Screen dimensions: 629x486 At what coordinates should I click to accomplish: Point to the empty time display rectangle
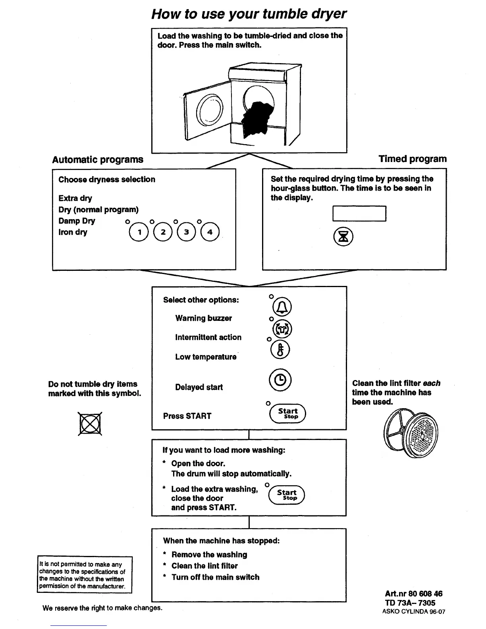(x=359, y=214)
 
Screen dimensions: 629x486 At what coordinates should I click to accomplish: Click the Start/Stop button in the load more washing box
(x=287, y=495)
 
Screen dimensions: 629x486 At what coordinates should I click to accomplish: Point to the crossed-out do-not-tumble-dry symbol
(x=90, y=424)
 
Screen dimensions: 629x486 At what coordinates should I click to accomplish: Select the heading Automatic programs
(x=98, y=160)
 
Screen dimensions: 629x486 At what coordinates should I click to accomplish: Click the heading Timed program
(x=413, y=159)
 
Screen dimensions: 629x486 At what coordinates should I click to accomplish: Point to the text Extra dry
(x=75, y=198)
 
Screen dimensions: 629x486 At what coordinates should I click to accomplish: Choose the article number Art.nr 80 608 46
(x=413, y=594)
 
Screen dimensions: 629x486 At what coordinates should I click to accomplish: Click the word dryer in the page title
(x=324, y=14)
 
